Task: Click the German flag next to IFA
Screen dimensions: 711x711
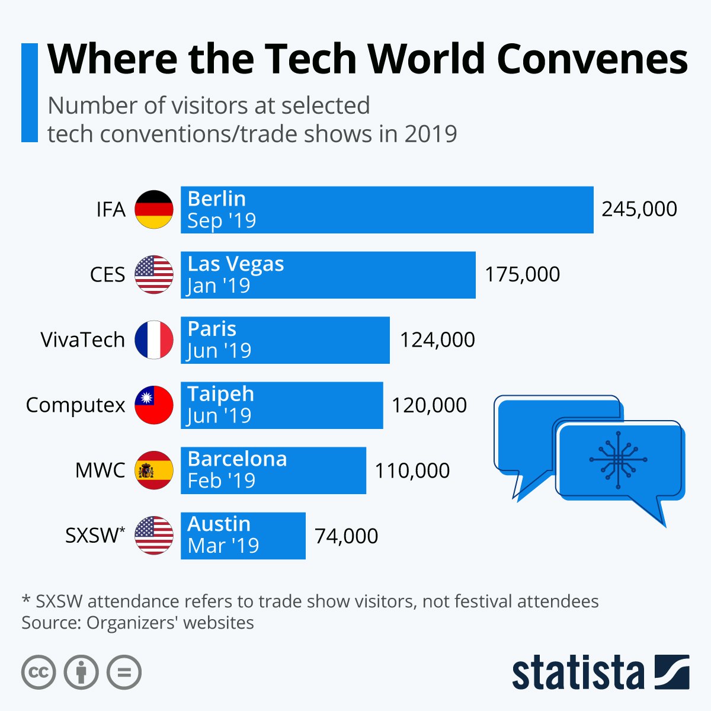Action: point(154,209)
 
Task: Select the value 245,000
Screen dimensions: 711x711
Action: point(639,209)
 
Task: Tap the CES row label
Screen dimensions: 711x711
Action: point(108,275)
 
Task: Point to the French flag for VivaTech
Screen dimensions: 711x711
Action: point(154,340)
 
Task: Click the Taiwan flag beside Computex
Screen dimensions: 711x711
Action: point(154,405)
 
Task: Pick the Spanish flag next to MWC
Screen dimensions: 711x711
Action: point(154,470)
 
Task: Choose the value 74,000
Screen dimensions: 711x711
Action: point(346,536)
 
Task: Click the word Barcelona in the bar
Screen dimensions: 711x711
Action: point(237,459)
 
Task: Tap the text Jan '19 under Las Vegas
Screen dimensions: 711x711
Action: point(219,286)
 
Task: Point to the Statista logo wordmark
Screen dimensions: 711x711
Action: point(578,673)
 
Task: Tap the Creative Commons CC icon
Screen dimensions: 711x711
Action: point(39,672)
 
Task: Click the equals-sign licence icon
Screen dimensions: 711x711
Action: point(124,672)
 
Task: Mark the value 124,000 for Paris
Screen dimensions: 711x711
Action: point(437,340)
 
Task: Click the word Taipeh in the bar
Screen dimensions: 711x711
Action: point(220,394)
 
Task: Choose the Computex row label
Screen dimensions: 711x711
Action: point(75,405)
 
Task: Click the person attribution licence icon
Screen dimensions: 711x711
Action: point(81,672)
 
